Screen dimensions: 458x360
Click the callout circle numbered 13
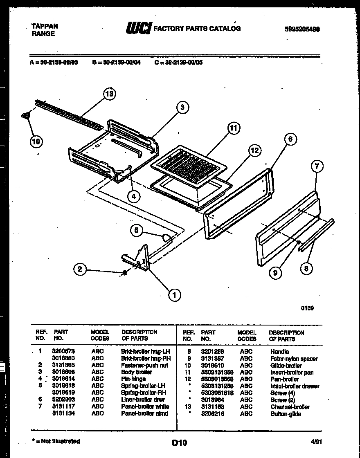(108, 94)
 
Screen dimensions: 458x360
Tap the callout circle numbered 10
(36, 142)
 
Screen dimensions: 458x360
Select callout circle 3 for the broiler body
(183, 108)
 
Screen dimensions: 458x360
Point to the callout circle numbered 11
(232, 128)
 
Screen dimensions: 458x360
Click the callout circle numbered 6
(290, 139)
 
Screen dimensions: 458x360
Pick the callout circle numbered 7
(317, 166)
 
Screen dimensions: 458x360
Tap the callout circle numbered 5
(137, 230)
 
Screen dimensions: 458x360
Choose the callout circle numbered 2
(81, 269)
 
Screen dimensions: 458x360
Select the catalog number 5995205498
(302, 29)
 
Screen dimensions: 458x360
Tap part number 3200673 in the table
(63, 351)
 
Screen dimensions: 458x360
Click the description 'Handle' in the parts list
(279, 352)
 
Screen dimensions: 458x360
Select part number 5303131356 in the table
(217, 373)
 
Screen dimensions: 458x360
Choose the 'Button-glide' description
(286, 414)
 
